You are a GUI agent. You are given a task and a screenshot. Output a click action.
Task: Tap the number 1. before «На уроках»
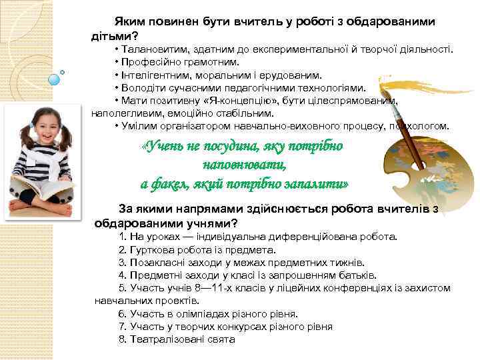[123, 236]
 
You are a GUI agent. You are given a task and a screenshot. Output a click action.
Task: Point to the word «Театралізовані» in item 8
[162, 339]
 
